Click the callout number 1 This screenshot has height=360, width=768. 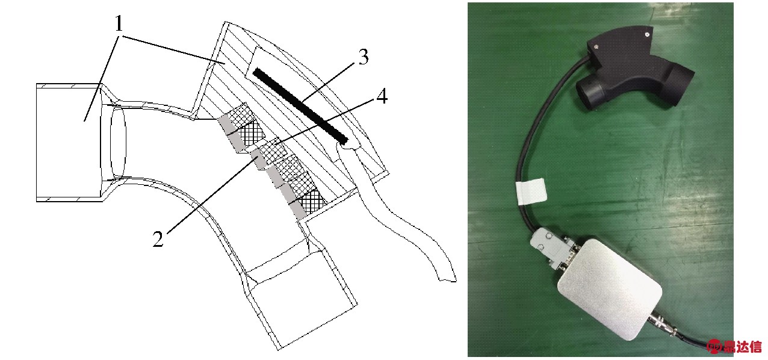(119, 23)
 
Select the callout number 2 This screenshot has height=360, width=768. (158, 239)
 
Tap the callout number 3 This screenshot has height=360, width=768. (364, 57)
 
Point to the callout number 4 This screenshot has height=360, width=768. (382, 96)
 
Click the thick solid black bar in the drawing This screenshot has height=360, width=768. (301, 105)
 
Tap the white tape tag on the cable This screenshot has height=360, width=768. (531, 193)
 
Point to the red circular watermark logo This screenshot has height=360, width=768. (715, 347)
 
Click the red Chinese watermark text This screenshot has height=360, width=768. (742, 347)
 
